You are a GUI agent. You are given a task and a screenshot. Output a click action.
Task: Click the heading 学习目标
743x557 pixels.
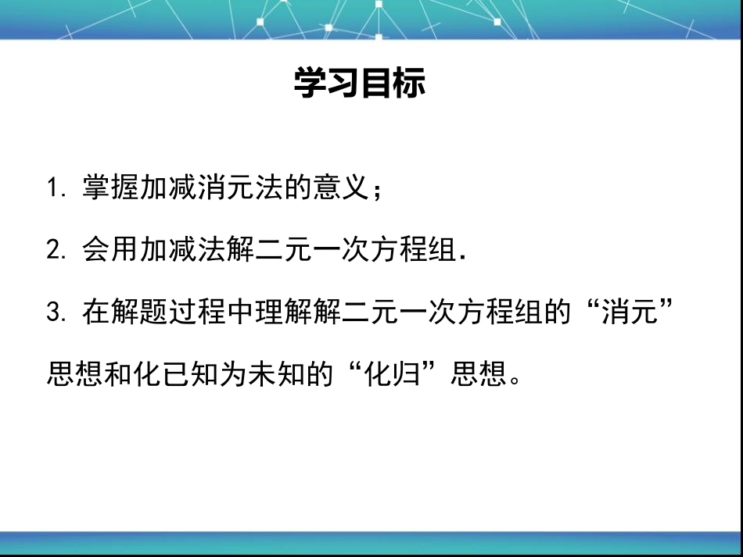pyautogui.click(x=360, y=83)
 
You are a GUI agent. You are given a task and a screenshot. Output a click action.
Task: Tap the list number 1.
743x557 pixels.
pyautogui.click(x=53, y=187)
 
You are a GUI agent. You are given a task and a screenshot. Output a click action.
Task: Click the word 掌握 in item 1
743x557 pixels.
pyautogui.click(x=111, y=187)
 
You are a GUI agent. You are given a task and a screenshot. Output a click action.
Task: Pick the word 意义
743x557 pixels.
pyautogui.click(x=341, y=187)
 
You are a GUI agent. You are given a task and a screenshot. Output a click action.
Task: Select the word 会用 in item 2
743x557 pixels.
pyautogui.click(x=111, y=249)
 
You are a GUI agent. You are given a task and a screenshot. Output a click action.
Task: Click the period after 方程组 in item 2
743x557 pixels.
pyautogui.click(x=463, y=258)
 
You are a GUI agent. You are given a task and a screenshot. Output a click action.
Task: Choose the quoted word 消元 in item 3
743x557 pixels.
pyautogui.click(x=630, y=312)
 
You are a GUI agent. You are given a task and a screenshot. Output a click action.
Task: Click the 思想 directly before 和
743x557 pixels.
pyautogui.click(x=75, y=374)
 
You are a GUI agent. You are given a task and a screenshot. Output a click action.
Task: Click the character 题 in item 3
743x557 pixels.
pyautogui.click(x=155, y=312)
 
